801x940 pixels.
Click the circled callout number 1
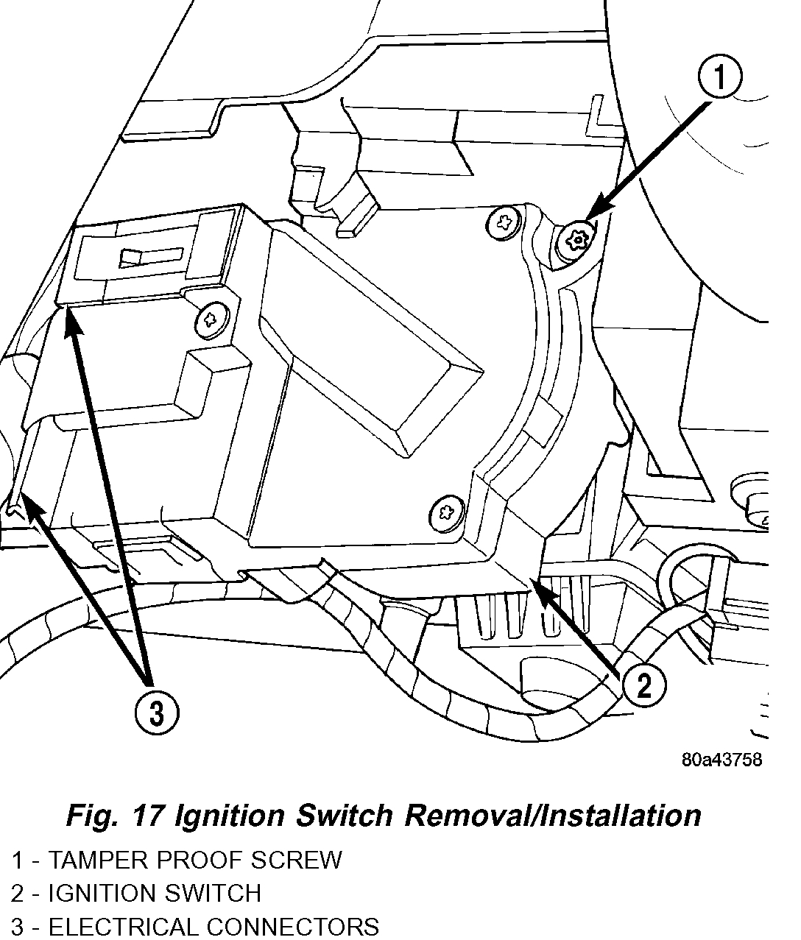click(x=719, y=78)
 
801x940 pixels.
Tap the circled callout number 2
click(x=643, y=686)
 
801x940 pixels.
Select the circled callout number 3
click(x=156, y=712)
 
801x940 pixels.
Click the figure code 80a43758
click(x=721, y=760)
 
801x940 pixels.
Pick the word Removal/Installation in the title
click(x=551, y=816)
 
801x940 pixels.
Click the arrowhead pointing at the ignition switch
click(x=541, y=589)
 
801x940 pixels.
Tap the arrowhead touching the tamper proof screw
click(x=597, y=213)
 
